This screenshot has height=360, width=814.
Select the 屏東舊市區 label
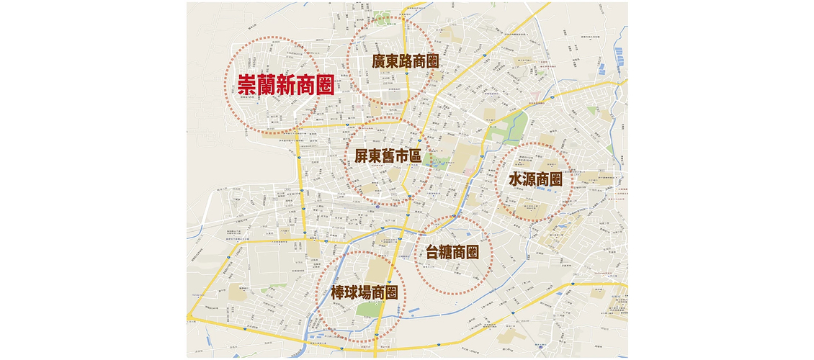[x=389, y=155]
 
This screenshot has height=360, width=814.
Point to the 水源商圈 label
[x=535, y=179]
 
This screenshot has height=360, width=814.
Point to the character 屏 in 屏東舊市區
[x=362, y=155]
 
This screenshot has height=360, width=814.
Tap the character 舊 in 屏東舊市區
[x=389, y=155]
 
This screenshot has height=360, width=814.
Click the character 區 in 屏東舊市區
[x=416, y=155]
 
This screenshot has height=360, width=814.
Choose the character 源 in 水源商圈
[x=529, y=179]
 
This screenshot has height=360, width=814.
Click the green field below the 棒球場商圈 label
[x=365, y=311]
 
